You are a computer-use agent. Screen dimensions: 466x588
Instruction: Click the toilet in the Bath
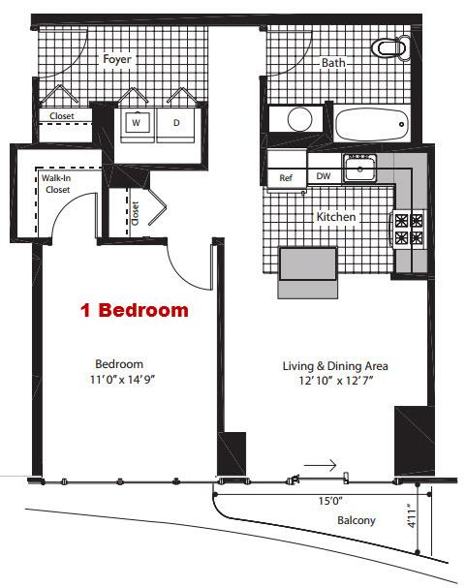pyautogui.click(x=390, y=48)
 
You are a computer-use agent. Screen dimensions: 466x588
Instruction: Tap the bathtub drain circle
pyautogui.click(x=401, y=125)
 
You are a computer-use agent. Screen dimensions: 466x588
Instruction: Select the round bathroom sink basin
pyautogui.click(x=300, y=119)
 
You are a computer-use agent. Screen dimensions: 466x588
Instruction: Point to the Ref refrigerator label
pyautogui.click(x=286, y=177)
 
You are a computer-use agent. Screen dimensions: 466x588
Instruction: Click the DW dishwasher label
pyautogui.click(x=324, y=176)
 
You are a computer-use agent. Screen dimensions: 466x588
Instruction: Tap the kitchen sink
pyautogui.click(x=359, y=168)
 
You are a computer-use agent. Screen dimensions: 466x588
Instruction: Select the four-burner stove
pyautogui.click(x=409, y=230)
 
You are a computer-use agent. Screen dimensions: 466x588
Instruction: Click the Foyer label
pyautogui.click(x=117, y=59)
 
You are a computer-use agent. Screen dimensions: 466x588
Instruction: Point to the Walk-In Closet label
pyautogui.click(x=56, y=184)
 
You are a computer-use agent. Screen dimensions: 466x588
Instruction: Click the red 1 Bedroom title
pyautogui.click(x=135, y=311)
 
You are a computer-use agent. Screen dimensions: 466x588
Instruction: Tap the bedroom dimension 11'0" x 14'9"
pyautogui.click(x=123, y=379)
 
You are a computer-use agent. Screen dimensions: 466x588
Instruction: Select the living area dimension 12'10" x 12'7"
pyautogui.click(x=335, y=381)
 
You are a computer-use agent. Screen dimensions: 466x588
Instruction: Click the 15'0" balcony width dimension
pyautogui.click(x=330, y=501)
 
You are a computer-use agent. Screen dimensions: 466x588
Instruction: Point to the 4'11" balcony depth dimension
pyautogui.click(x=412, y=515)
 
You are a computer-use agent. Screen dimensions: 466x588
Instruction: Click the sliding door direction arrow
pyautogui.click(x=320, y=465)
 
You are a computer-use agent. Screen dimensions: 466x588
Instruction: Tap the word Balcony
pyautogui.click(x=357, y=520)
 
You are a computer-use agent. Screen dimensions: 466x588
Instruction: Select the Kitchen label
pyautogui.click(x=336, y=217)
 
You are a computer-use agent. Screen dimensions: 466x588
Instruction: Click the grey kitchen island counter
pyautogui.click(x=308, y=272)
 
